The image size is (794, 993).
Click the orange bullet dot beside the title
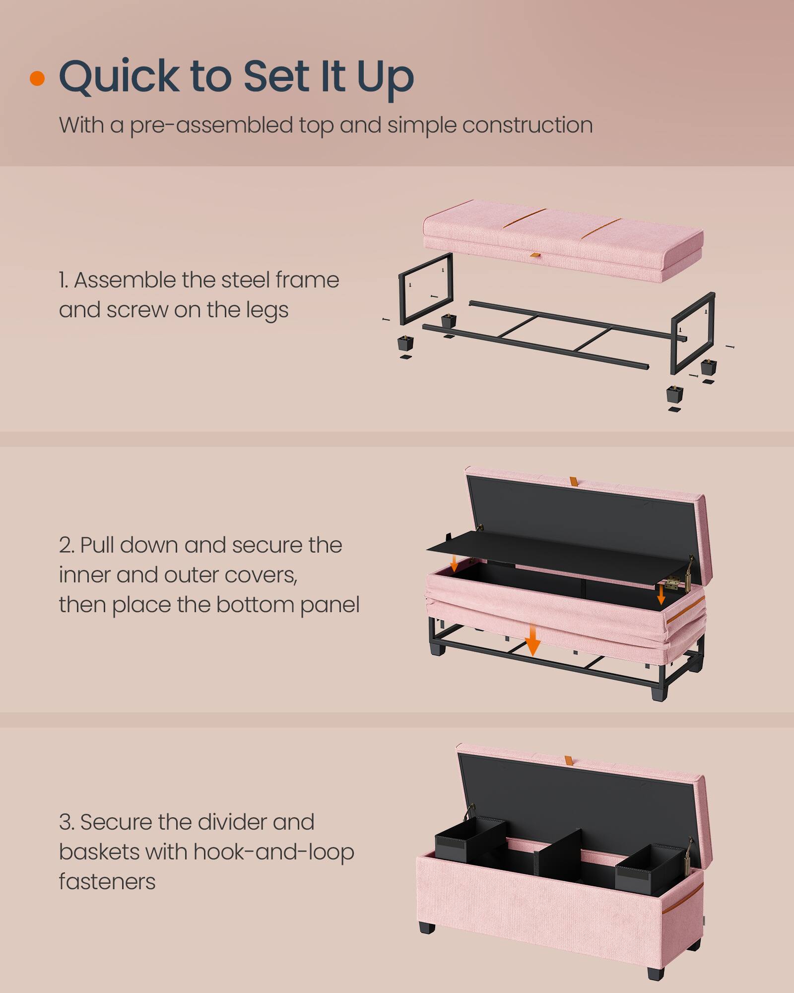(37, 78)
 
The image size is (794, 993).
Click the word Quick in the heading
(119, 77)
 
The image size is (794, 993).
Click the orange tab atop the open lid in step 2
(573, 482)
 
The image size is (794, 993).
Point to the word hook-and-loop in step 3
(273, 852)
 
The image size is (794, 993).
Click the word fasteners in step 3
(107, 882)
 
